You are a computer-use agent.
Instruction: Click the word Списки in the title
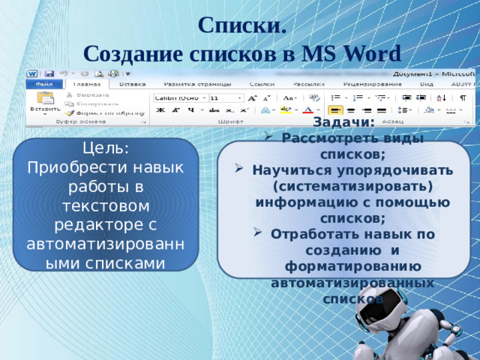tap(240, 24)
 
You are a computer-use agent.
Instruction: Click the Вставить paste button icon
tap(45, 99)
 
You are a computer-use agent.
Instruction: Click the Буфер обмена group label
tap(79, 121)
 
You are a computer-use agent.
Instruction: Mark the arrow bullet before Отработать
tap(259, 233)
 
